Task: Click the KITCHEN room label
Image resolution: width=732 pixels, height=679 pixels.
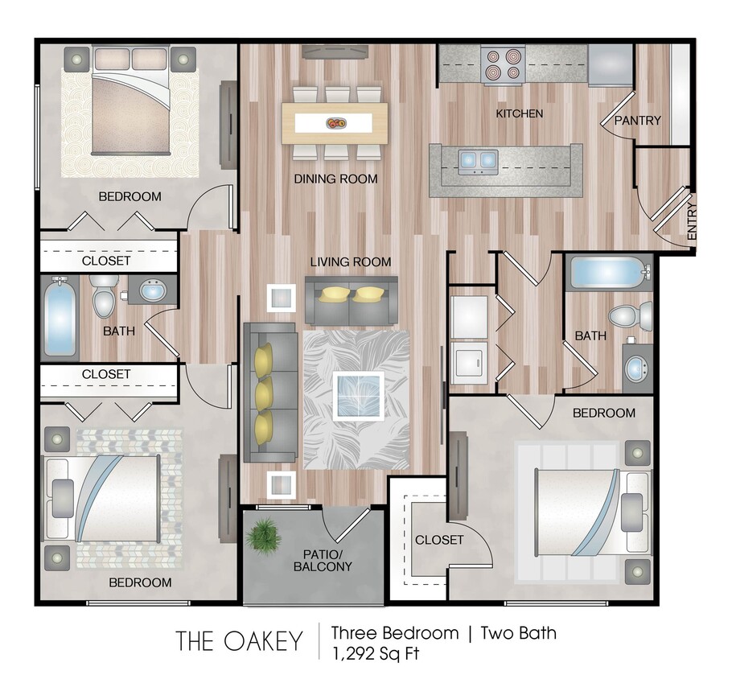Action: coord(519,113)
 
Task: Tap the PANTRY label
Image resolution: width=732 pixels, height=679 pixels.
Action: coord(637,121)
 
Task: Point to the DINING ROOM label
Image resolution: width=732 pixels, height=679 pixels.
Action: coord(335,179)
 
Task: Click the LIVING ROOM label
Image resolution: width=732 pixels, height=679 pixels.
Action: coord(352,261)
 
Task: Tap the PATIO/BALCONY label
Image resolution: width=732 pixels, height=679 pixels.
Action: coord(327,560)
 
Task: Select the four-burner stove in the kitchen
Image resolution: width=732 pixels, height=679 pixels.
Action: coord(503,64)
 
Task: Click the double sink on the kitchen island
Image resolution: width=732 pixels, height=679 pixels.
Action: coord(477,160)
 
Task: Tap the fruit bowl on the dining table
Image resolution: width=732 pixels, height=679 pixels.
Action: coord(335,123)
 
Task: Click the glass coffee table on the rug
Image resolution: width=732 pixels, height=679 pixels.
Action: coord(359,397)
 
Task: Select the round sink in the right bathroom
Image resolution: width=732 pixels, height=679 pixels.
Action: coord(637,368)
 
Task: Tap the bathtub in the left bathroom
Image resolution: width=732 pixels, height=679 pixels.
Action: coord(60,319)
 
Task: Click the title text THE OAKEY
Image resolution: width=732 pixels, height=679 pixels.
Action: coord(239,641)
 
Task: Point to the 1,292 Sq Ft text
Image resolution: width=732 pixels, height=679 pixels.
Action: coord(375,652)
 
